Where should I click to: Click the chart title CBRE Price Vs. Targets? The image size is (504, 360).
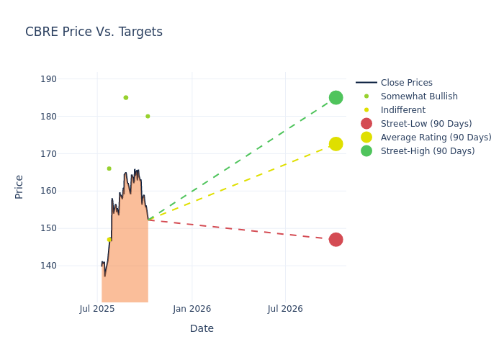tap(94, 32)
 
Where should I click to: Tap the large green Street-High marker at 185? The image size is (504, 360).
tap(336, 97)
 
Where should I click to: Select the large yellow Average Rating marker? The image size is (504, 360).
tap(336, 144)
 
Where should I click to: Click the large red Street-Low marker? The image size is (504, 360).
tap(336, 240)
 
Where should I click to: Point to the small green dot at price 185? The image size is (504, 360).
tap(125, 97)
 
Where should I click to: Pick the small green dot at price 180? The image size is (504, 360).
tap(148, 116)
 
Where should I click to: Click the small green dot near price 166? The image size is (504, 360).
tap(109, 168)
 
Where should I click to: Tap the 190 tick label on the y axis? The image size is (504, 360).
tap(68, 79)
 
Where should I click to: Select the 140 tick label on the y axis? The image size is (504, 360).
tap(68, 266)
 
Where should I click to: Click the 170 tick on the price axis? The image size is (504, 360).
tap(68, 153)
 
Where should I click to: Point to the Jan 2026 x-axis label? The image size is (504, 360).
tap(192, 309)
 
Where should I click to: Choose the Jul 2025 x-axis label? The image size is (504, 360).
tap(97, 309)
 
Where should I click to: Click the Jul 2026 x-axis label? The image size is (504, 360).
tap(285, 309)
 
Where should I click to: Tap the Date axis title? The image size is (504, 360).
tap(202, 328)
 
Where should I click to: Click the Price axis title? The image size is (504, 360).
tap(19, 186)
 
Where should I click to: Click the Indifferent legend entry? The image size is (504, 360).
tap(402, 110)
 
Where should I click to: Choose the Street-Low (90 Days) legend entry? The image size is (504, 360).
tap(426, 124)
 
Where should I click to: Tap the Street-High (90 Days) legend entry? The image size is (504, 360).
tap(427, 151)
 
